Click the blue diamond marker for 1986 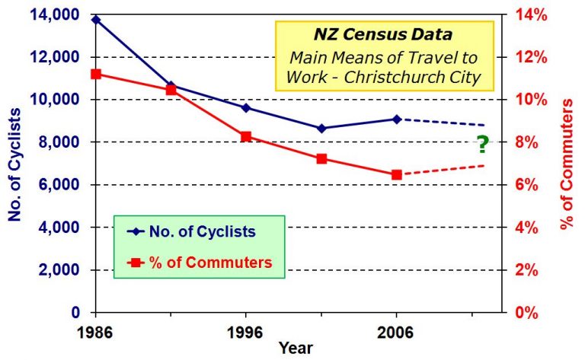tap(96, 20)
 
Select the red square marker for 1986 tap(96, 74)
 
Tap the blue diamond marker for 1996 tap(246, 107)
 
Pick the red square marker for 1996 tap(246, 136)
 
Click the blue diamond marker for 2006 tap(397, 119)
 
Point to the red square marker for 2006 tap(397, 174)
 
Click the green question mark tap(481, 142)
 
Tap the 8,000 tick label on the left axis tap(62, 142)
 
